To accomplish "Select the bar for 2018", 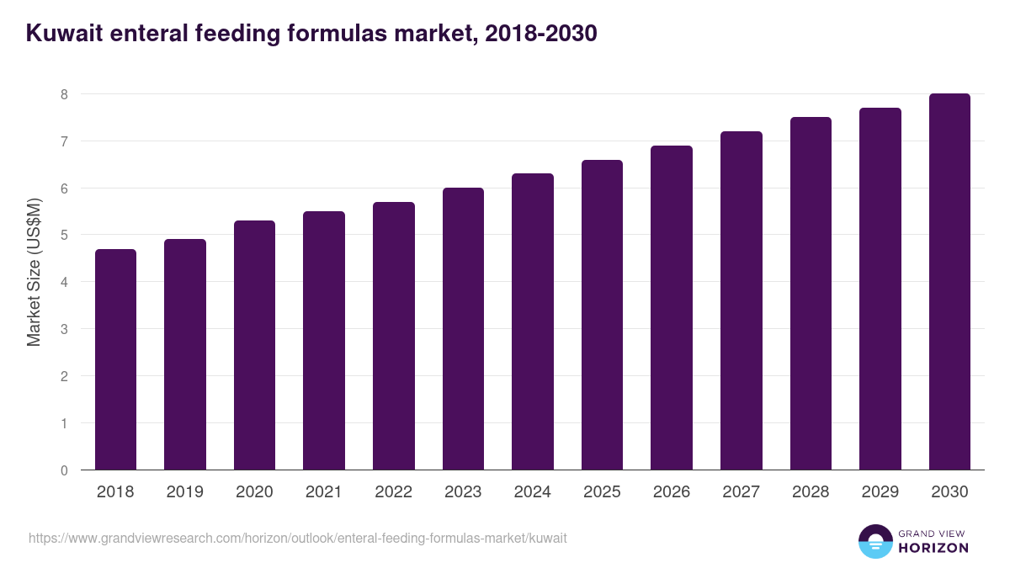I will point(115,359).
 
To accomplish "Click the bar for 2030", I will point(949,282).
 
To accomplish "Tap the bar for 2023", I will point(463,329).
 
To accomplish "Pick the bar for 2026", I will point(672,308).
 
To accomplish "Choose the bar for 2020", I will point(254,345).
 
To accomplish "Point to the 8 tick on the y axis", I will point(64,94).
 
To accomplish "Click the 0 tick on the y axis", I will point(64,470).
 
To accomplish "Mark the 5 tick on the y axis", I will point(64,236).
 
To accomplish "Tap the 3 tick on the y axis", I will point(64,329).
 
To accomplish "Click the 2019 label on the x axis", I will point(184,492).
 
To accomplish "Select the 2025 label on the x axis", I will point(602,492).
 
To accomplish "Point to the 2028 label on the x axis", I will point(811,492).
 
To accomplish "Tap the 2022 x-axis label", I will point(393,492).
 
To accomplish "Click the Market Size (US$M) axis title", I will point(34,272).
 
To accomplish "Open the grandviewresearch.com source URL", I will point(298,538).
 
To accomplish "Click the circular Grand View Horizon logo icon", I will point(875,541).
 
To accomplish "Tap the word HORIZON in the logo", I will point(933,548).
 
